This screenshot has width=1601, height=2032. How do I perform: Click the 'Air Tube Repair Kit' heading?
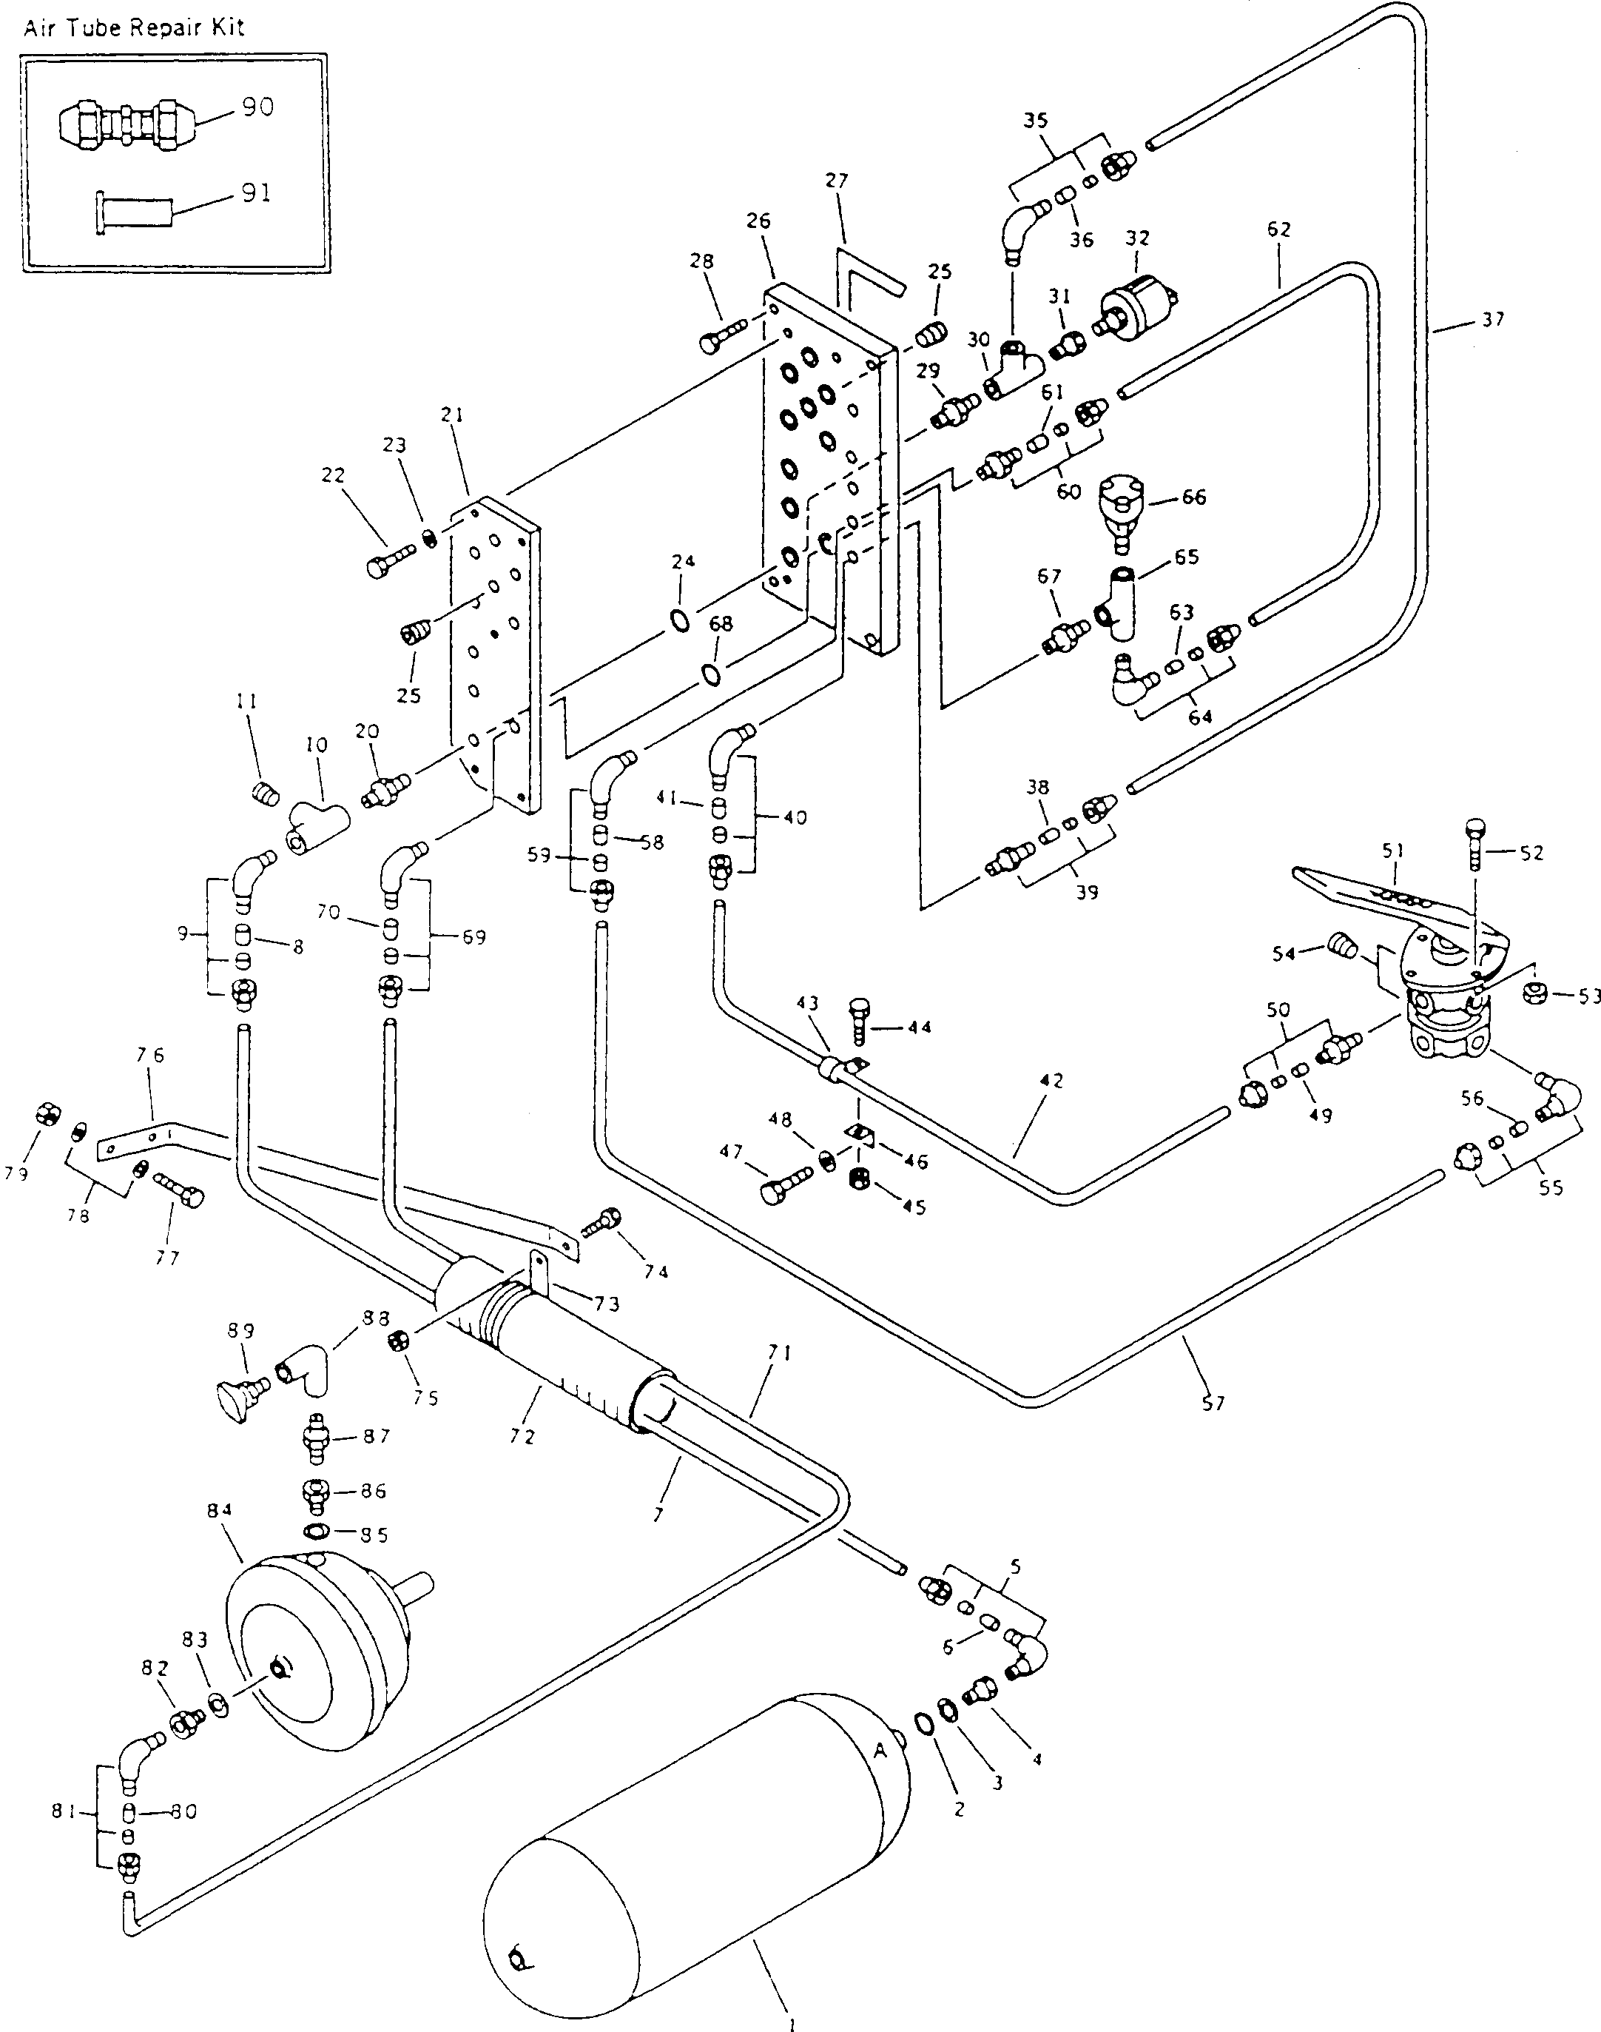(134, 27)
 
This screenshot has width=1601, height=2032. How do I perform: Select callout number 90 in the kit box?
(257, 107)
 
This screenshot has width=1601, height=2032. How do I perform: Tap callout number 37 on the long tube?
(1493, 320)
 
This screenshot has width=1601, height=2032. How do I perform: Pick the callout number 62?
(1278, 229)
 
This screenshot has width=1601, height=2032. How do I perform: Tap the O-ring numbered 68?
(712, 674)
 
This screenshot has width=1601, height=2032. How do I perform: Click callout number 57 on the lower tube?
(1213, 1404)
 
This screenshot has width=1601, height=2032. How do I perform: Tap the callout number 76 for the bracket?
(150, 1056)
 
